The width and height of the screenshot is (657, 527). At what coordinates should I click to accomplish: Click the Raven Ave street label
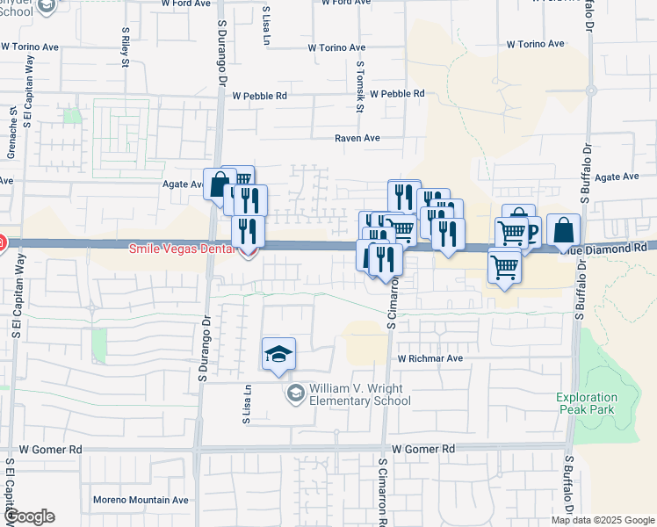pos(357,138)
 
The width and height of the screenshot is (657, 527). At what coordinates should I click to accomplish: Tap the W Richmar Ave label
pos(430,358)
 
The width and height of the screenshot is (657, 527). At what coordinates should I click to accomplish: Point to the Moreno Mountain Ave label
pos(141,500)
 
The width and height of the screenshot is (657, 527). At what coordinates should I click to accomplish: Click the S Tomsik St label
pos(360,86)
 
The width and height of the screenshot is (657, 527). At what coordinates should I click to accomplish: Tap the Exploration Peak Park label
pos(586,403)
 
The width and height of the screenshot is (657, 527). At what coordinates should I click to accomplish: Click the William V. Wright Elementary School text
pos(359,395)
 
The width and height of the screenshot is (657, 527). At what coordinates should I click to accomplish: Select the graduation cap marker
pos(279,354)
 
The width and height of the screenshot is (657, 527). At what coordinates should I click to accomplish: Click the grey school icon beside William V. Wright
pos(295,391)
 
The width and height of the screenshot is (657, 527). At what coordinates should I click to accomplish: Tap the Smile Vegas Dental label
pos(183,249)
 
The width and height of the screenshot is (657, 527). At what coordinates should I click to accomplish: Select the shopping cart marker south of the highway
pos(504,264)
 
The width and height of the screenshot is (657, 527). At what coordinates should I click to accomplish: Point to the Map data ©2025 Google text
pos(603,520)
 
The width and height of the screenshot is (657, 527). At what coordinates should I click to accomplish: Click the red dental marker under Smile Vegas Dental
pos(249,253)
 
